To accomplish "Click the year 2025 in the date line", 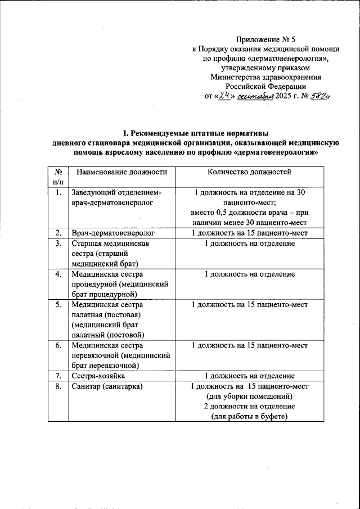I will [x=283, y=96].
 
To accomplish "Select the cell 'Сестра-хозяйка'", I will [x=98, y=375].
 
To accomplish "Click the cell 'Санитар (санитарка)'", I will [x=107, y=386].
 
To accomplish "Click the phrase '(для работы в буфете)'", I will [x=249, y=416].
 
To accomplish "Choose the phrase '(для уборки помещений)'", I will [x=249, y=397].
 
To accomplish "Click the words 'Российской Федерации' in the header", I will [x=265, y=87].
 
